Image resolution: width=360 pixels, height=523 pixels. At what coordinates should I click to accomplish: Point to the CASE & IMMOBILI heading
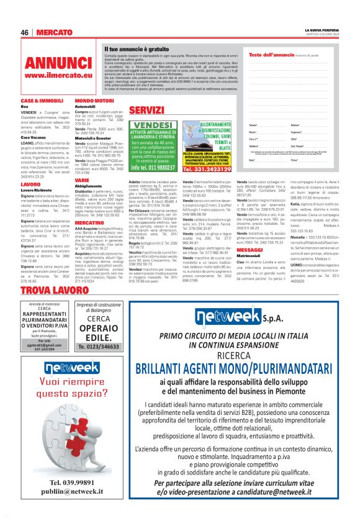coord(42,100)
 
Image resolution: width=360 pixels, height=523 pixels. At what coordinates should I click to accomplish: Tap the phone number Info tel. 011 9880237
coord(153,167)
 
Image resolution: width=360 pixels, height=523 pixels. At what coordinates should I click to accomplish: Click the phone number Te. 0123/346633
coord(99,347)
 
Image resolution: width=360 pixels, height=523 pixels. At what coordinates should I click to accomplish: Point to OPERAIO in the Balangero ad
coord(99,327)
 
